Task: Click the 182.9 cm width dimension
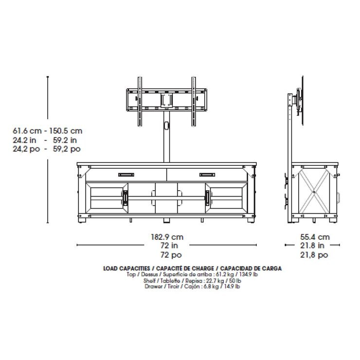(x=167, y=237)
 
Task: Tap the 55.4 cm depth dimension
(x=315, y=237)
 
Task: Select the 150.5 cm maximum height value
(x=66, y=131)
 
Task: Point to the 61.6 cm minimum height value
(x=27, y=131)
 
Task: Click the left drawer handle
(x=126, y=175)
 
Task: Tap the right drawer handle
(x=207, y=175)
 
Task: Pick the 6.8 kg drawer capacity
(x=211, y=287)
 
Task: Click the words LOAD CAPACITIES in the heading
(x=126, y=269)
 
